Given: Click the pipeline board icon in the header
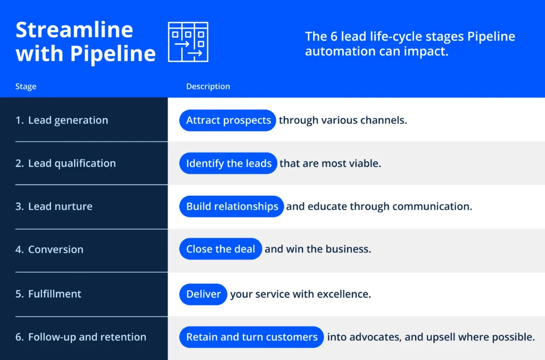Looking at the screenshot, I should (x=188, y=42).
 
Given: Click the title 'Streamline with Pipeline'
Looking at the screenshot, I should (x=86, y=42).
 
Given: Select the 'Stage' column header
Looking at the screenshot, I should (x=26, y=87).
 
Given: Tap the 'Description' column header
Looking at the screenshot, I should (x=208, y=87).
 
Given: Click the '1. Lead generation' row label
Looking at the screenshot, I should (x=62, y=120).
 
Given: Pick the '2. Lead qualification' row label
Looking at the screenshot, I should (x=65, y=163).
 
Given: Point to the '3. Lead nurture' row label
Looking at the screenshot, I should (x=54, y=206).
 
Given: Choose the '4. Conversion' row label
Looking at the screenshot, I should (x=49, y=249).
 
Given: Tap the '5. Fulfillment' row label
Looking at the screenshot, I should (x=48, y=294).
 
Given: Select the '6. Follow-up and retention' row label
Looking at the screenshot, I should (x=81, y=337).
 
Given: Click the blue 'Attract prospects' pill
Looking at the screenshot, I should (x=228, y=120).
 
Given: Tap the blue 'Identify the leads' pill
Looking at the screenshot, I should (x=228, y=163).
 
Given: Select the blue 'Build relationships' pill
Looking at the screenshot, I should (x=232, y=206).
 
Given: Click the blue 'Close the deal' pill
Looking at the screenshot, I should (x=220, y=249).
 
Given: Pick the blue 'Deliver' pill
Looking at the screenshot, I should (x=203, y=294).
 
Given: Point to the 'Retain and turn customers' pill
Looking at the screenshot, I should (x=251, y=337).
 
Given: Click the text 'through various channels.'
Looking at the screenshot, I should (x=343, y=120).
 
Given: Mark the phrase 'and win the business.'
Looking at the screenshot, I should (x=318, y=249).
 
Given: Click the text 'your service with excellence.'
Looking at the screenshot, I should (x=300, y=294).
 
